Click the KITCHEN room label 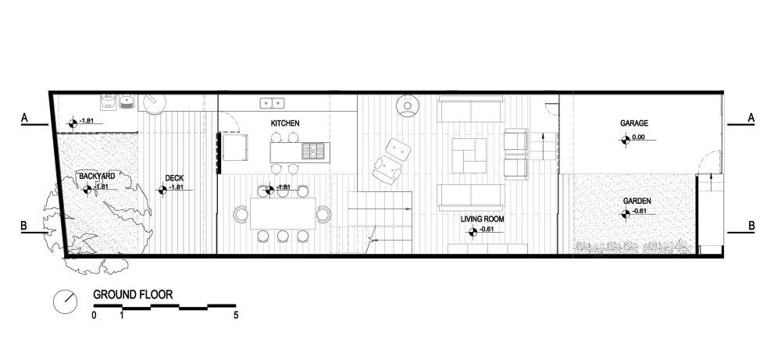point(285,123)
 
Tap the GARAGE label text point(633,123)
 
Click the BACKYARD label point(97,176)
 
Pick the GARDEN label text point(637,201)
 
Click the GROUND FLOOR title point(133,294)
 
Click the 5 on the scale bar point(236,315)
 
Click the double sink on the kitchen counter point(272,103)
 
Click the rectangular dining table point(283,213)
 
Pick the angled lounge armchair point(393,161)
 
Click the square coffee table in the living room point(469,155)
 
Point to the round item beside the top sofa point(408,105)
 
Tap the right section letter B point(751,226)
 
